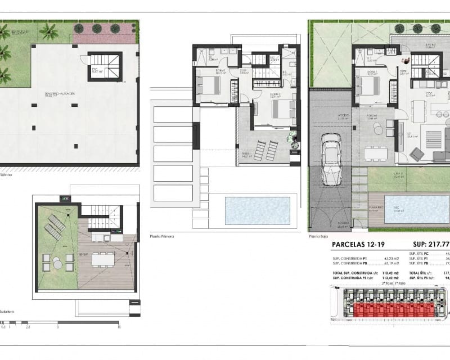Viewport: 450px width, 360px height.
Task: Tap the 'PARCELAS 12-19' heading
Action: [359, 244]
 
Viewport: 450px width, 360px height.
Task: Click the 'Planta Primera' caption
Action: [162, 236]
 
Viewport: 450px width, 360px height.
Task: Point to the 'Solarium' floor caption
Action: [7, 310]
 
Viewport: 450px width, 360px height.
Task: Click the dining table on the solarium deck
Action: [102, 259]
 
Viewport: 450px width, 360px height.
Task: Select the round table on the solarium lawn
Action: [57, 262]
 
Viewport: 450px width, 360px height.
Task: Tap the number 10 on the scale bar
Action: [118, 326]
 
